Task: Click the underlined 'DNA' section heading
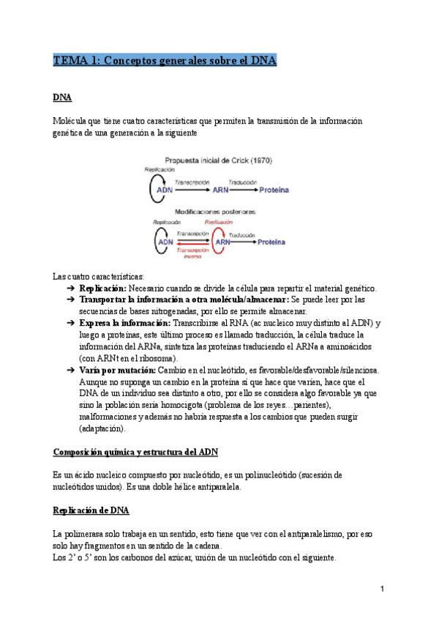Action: (x=62, y=97)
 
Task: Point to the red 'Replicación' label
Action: (x=219, y=221)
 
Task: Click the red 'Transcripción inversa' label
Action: (x=193, y=253)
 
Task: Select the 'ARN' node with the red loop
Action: (x=222, y=241)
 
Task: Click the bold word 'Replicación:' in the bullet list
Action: (x=102, y=289)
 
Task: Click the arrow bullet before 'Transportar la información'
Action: (x=70, y=300)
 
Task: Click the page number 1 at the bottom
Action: (x=382, y=589)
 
